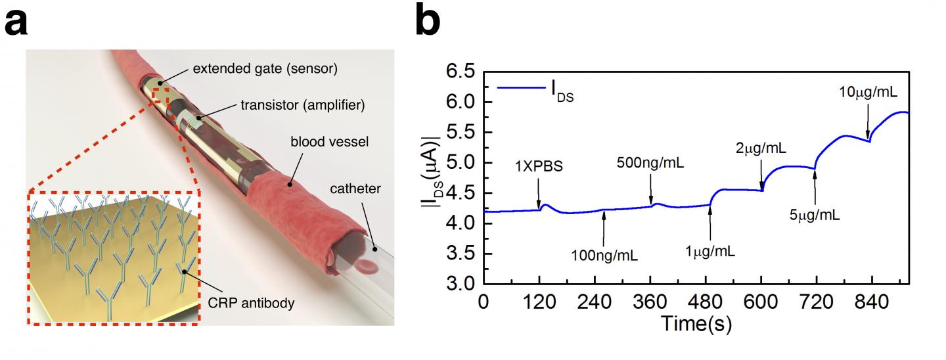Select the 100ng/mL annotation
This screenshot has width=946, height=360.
[x=603, y=250]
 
